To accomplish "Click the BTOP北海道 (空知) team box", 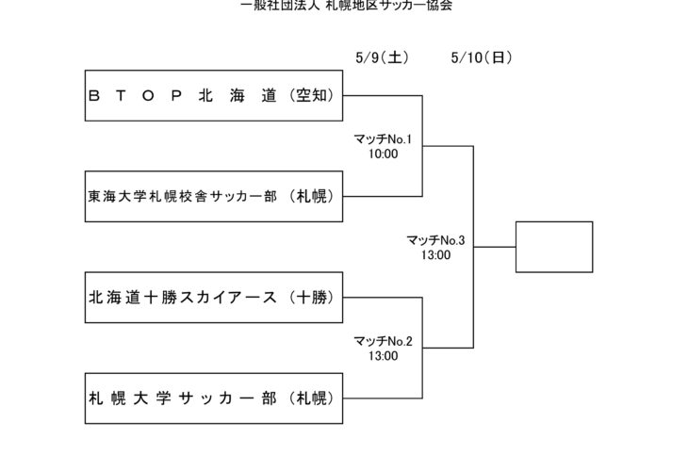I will [212, 95].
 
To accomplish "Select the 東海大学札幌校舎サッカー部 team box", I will [212, 197].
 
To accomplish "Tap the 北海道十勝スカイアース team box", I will [212, 298].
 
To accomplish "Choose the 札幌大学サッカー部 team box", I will [212, 398].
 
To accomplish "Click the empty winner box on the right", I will [554, 247].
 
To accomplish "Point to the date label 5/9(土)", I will [382, 57].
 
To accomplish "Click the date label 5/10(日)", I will [482, 57].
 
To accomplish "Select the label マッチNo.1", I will [383, 139].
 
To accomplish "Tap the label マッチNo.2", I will [383, 341].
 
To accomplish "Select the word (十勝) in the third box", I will [312, 298].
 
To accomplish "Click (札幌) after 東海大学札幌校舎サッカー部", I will [312, 197].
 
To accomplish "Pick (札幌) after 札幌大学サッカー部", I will [312, 398].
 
